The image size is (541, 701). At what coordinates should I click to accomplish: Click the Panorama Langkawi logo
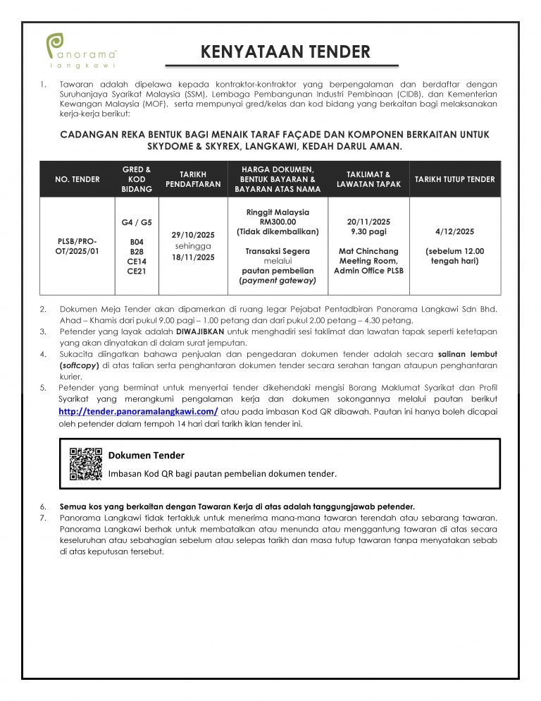pyautogui.click(x=81, y=49)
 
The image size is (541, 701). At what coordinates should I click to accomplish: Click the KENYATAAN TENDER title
pyautogui.click(x=285, y=51)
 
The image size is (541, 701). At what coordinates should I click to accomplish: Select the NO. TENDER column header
pyautogui.click(x=77, y=179)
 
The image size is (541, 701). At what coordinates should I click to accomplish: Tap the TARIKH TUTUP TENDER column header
pyautogui.click(x=454, y=179)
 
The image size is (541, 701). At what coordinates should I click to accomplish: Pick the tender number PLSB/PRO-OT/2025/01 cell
pyautogui.click(x=77, y=245)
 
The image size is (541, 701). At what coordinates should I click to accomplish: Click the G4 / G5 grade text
pyautogui.click(x=137, y=222)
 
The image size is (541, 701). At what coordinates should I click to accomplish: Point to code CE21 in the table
pyautogui.click(x=137, y=270)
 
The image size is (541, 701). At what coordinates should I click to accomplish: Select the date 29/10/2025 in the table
pyautogui.click(x=193, y=235)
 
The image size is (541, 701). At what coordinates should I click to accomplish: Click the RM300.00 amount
pyautogui.click(x=278, y=221)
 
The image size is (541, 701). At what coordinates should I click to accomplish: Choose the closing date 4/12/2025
pyautogui.click(x=455, y=231)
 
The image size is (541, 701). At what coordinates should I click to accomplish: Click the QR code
pyautogui.click(x=86, y=463)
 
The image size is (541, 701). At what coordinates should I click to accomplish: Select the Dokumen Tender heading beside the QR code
pyautogui.click(x=147, y=456)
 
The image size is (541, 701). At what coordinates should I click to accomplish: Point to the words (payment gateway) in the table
pyautogui.click(x=278, y=281)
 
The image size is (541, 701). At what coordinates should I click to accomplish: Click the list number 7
pyautogui.click(x=43, y=518)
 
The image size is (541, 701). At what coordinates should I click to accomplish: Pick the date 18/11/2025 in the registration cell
pyautogui.click(x=193, y=257)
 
